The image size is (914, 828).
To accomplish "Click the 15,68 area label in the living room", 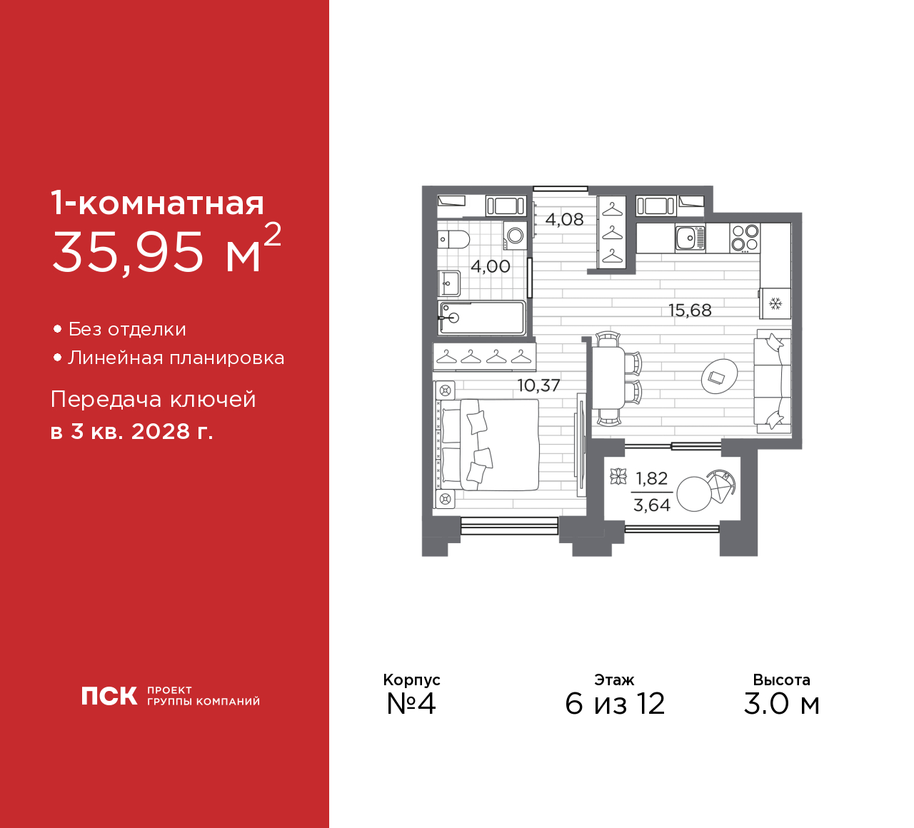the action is (x=689, y=310).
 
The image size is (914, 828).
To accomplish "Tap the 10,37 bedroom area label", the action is (x=538, y=385).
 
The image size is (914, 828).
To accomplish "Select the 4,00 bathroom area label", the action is (x=491, y=266).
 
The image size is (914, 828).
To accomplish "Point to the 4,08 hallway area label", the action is (x=564, y=220).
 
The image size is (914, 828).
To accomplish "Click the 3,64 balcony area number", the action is (x=651, y=505).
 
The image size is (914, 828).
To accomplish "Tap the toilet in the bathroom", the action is (x=453, y=239).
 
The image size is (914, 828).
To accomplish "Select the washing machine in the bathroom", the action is (x=515, y=236).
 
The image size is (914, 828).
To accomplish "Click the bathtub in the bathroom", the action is (x=481, y=318).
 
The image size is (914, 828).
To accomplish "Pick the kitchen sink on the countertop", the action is (x=690, y=238).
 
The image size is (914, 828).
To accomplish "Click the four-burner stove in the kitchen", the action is (x=745, y=238).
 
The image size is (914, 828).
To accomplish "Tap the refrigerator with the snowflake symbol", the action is (x=775, y=303).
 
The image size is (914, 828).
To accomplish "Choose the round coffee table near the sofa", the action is (x=719, y=376).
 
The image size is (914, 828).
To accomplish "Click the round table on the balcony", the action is (x=694, y=494).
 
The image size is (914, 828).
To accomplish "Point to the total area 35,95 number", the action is (x=128, y=252).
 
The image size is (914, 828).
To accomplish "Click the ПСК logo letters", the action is (x=109, y=695).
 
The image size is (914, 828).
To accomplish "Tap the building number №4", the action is (x=411, y=703).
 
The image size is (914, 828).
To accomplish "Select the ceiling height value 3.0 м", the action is (x=781, y=704).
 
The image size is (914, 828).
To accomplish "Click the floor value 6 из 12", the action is (x=615, y=704).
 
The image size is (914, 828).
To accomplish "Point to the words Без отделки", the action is (x=127, y=329).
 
